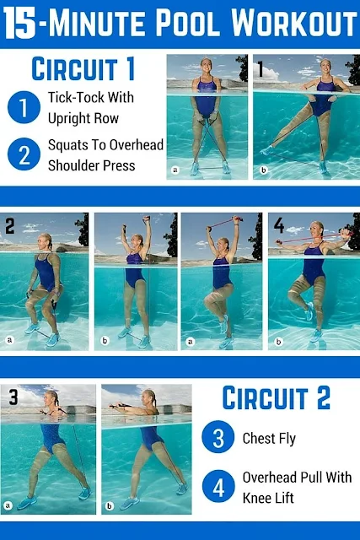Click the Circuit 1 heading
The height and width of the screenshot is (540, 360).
point(83,69)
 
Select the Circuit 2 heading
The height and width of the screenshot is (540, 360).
point(277,397)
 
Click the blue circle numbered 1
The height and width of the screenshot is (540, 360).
point(24,107)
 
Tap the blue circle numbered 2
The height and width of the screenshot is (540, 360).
point(24,154)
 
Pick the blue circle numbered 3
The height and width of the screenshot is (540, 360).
point(218,437)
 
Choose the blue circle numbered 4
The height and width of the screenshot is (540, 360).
point(218,486)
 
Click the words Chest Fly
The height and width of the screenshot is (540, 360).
point(269,439)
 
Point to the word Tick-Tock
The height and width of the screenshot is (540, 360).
point(72,97)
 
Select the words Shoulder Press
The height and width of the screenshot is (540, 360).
point(92,165)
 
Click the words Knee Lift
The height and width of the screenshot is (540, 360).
point(268,498)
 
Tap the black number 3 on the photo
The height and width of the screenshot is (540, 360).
point(13,397)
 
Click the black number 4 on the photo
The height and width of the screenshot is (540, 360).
point(279,225)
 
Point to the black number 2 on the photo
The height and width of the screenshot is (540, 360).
point(9,226)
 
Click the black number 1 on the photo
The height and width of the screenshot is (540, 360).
point(261,69)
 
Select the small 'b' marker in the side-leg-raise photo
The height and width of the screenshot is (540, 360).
point(263,170)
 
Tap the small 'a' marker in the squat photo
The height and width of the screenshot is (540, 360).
point(9,340)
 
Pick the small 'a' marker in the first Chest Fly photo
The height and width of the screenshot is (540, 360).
point(8,505)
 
